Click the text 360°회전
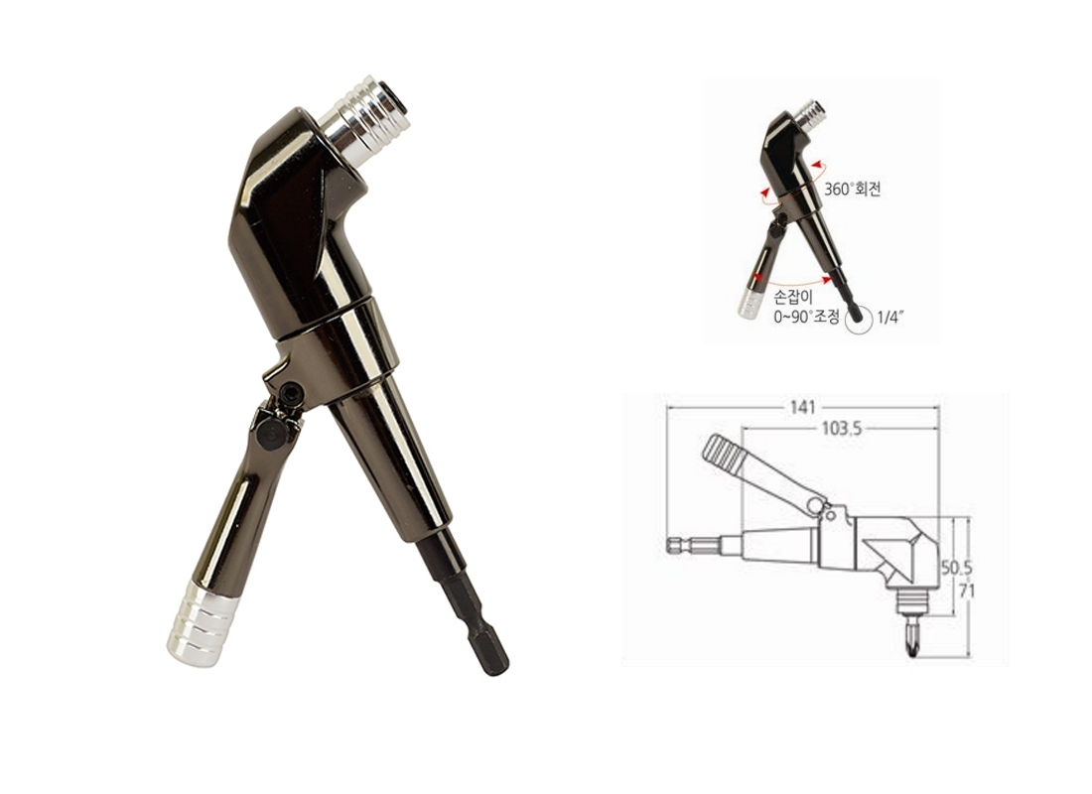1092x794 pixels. [x=853, y=189]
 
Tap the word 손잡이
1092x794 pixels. [x=789, y=298]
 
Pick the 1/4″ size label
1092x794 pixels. [x=890, y=318]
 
